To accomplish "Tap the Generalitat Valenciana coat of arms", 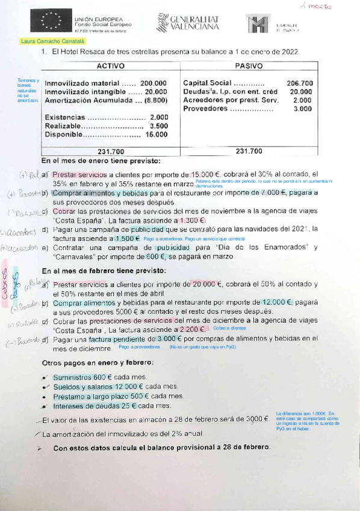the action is (x=161, y=24).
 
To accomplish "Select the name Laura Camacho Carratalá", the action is (x=54, y=42).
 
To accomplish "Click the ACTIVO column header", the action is (x=110, y=66).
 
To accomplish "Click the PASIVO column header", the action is (x=249, y=66).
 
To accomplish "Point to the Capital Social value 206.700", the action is (x=300, y=83).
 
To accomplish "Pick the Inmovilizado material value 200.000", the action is (x=154, y=83).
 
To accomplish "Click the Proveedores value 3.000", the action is (x=303, y=109).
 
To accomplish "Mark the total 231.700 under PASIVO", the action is (x=249, y=152).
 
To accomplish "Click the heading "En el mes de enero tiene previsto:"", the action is (x=101, y=161).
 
